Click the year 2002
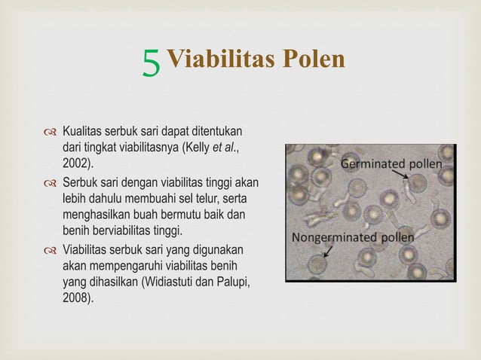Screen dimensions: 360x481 78,163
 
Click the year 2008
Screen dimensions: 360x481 78,297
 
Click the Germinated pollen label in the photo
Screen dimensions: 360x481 391,163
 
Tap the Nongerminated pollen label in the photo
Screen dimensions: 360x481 353,237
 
